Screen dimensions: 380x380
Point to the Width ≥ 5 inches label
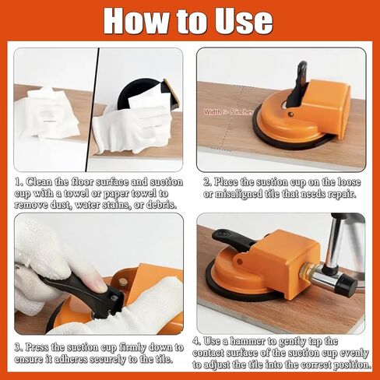click(x=229, y=111)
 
